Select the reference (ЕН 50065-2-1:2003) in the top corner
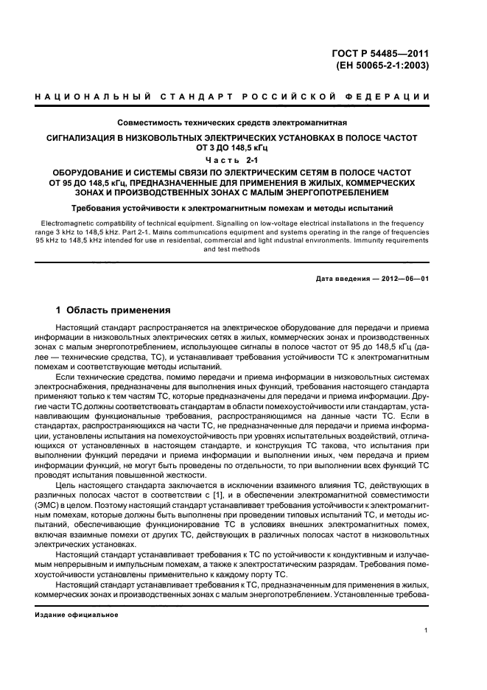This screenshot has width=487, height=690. (x=388, y=65)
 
